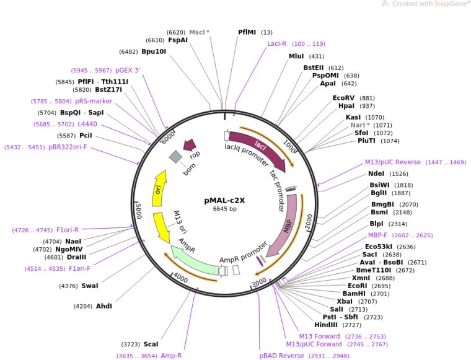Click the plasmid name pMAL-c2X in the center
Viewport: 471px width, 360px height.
tap(224, 200)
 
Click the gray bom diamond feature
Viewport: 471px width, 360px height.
tap(175, 157)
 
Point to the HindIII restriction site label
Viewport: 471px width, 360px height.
tap(326, 325)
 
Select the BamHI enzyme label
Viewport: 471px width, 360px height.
tap(354, 294)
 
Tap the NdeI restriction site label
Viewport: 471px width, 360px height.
tap(376, 173)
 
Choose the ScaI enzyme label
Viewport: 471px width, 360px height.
tap(151, 344)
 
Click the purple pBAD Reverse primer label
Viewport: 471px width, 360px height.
tap(282, 356)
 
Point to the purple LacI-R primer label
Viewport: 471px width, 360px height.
tap(276, 44)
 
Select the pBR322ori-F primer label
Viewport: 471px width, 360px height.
tap(68, 147)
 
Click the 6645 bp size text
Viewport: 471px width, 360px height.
tap(225, 209)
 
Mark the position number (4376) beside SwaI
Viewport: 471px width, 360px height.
tap(69, 286)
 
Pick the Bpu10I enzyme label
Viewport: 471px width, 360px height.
tap(154, 51)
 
